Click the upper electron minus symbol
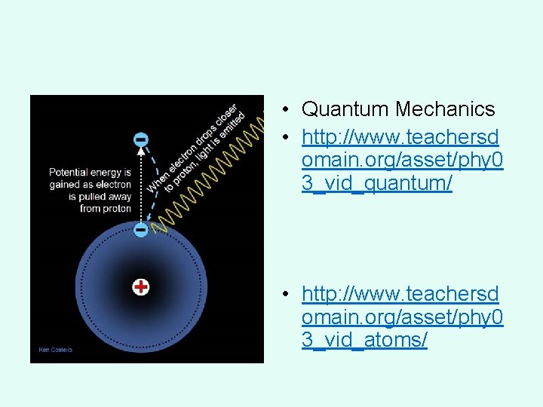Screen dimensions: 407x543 140,139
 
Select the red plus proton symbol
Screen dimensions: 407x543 140,286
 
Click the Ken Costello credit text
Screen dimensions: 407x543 56,350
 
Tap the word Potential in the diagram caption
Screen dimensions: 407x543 70,173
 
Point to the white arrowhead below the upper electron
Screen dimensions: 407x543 140,153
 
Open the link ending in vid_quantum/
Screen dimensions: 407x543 400,160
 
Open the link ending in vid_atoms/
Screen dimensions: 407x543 400,317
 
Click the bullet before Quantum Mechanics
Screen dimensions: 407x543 288,110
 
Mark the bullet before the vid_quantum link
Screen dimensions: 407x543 288,137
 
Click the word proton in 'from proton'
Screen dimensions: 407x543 117,209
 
